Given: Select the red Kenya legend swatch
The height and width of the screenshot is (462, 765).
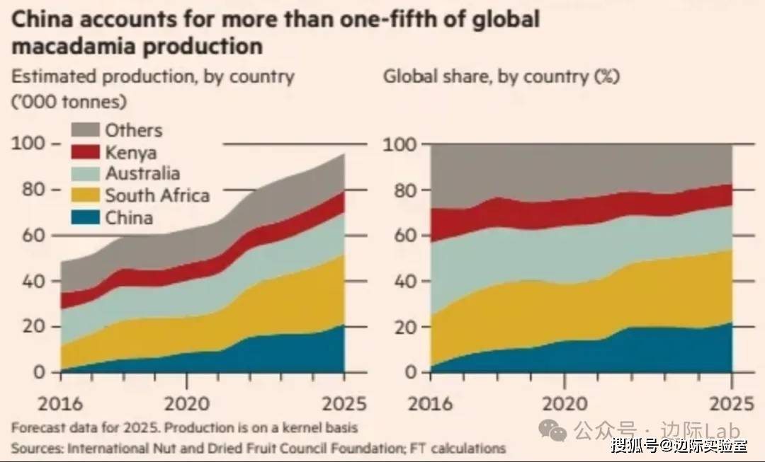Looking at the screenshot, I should tap(85, 152).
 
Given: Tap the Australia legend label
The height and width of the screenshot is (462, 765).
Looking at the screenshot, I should tap(142, 173).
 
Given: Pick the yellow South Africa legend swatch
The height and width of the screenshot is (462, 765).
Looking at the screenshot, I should tap(85, 195).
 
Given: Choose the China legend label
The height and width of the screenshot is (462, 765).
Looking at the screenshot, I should tap(129, 217).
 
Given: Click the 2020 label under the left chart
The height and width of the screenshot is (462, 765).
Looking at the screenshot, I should tap(186, 404).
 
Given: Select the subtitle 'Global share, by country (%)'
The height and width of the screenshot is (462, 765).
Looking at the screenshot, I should tap(501, 76).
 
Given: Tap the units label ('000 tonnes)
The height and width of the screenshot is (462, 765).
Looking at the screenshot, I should tap(69, 101).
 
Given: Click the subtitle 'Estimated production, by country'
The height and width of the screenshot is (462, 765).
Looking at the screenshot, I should tap(152, 76).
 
